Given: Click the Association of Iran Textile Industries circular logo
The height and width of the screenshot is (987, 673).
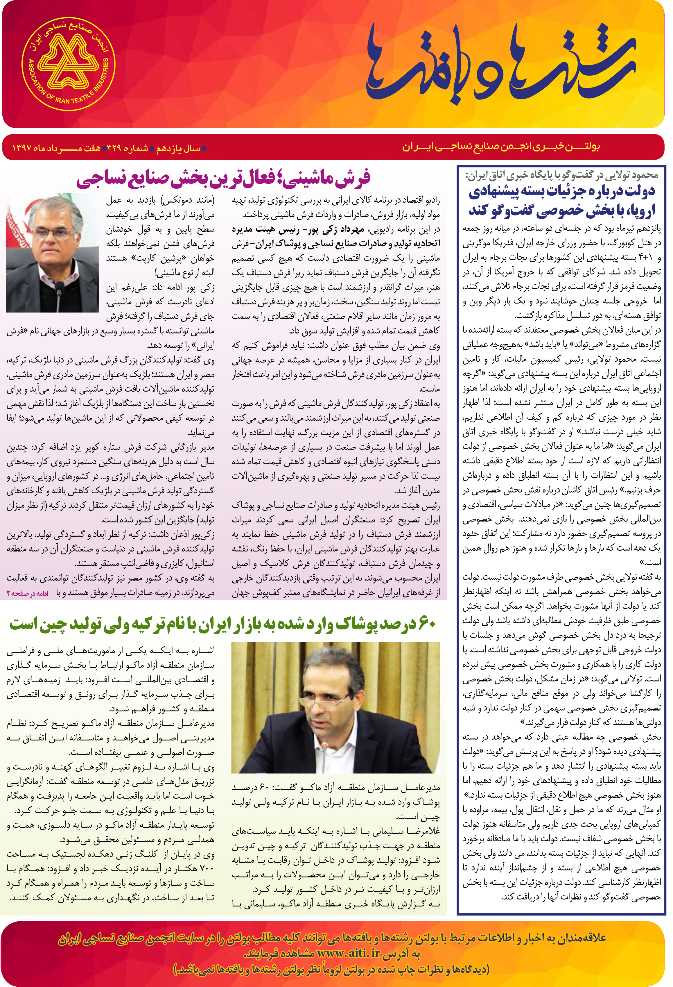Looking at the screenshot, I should (x=68, y=64).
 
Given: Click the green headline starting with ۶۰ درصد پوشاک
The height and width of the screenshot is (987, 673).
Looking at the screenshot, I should (x=223, y=624).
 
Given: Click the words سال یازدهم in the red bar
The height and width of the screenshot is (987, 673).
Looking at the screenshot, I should (x=179, y=148).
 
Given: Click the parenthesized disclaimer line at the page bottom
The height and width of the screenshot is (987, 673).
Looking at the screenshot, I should (x=331, y=969).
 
